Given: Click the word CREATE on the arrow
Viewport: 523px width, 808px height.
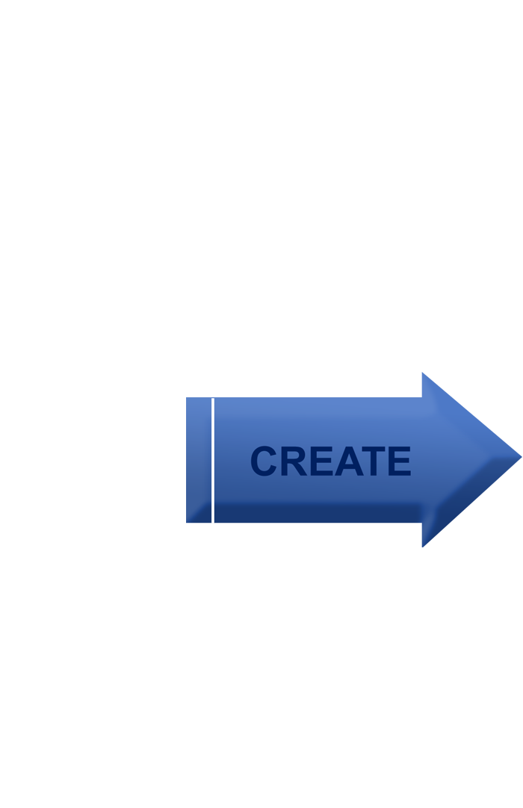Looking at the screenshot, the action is pos(331,461).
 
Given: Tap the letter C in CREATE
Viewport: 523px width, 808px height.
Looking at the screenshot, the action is pos(264,461).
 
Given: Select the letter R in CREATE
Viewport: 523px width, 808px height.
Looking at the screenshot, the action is pos(294,461).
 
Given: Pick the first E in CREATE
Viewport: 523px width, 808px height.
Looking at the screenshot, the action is pos(322,461).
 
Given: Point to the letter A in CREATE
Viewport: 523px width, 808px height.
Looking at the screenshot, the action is pos(349,461).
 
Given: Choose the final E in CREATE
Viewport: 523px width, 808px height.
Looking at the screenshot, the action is pos(400,461).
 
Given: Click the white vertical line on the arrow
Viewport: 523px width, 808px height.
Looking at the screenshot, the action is pos(212,460).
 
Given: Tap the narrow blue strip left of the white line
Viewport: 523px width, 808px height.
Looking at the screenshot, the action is pos(199,460).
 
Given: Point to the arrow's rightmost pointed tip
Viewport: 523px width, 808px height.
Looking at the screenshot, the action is pos(522,456).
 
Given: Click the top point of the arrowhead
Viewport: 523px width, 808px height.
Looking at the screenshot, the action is pos(422,373).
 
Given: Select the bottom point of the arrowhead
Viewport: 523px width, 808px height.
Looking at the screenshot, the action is pos(422,547).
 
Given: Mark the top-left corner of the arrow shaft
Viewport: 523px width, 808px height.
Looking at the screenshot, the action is pos(187,398).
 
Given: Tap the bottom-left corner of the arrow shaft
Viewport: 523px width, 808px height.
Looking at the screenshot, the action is pos(187,523).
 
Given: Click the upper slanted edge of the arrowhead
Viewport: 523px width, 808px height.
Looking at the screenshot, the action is pos(472,414).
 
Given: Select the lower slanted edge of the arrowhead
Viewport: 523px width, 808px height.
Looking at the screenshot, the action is pos(472,502).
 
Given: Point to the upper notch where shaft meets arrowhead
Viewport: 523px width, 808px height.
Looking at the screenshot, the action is pos(422,397).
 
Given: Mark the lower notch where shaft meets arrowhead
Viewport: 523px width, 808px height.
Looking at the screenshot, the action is pos(422,523).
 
